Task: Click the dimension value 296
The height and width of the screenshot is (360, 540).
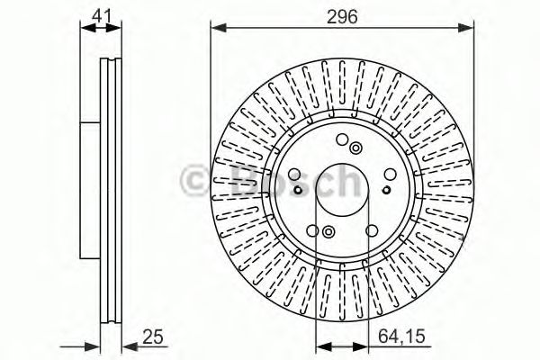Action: tap(343, 15)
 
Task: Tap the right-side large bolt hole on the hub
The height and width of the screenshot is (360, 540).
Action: tap(388, 173)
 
